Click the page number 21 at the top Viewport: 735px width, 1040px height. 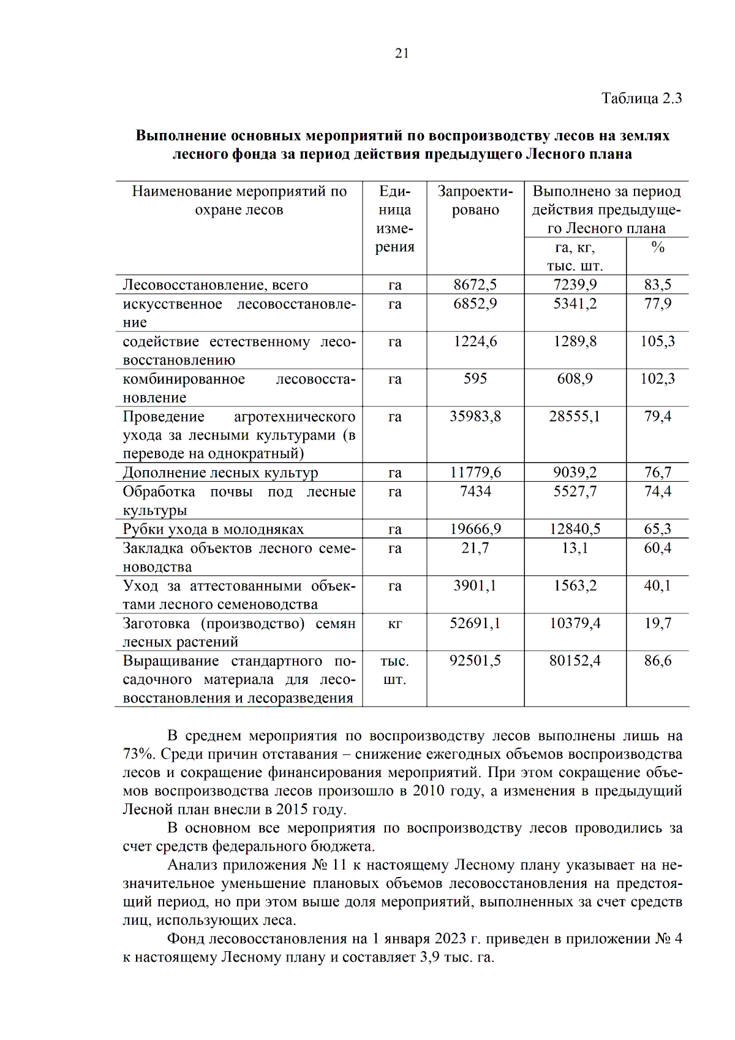(x=402, y=53)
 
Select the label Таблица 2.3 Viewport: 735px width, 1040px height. (x=641, y=99)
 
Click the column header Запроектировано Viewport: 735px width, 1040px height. (x=475, y=200)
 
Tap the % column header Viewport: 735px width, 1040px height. (x=657, y=247)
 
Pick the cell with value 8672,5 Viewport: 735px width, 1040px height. (x=475, y=284)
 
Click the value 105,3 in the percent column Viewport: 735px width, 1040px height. (x=657, y=341)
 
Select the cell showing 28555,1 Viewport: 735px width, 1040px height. (x=575, y=417)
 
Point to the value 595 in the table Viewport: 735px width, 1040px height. (x=475, y=379)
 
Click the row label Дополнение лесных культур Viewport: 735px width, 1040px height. (x=221, y=473)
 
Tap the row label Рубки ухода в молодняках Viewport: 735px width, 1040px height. (x=213, y=529)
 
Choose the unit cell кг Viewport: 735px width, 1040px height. (x=395, y=624)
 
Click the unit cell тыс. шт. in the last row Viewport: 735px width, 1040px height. (x=395, y=670)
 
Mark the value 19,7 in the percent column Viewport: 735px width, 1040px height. (x=657, y=624)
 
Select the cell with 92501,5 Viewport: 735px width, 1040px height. (x=475, y=661)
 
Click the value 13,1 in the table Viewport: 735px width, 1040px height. (x=575, y=548)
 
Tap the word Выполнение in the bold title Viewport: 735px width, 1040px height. (x=181, y=135)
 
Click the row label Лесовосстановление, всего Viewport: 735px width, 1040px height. (x=216, y=285)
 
